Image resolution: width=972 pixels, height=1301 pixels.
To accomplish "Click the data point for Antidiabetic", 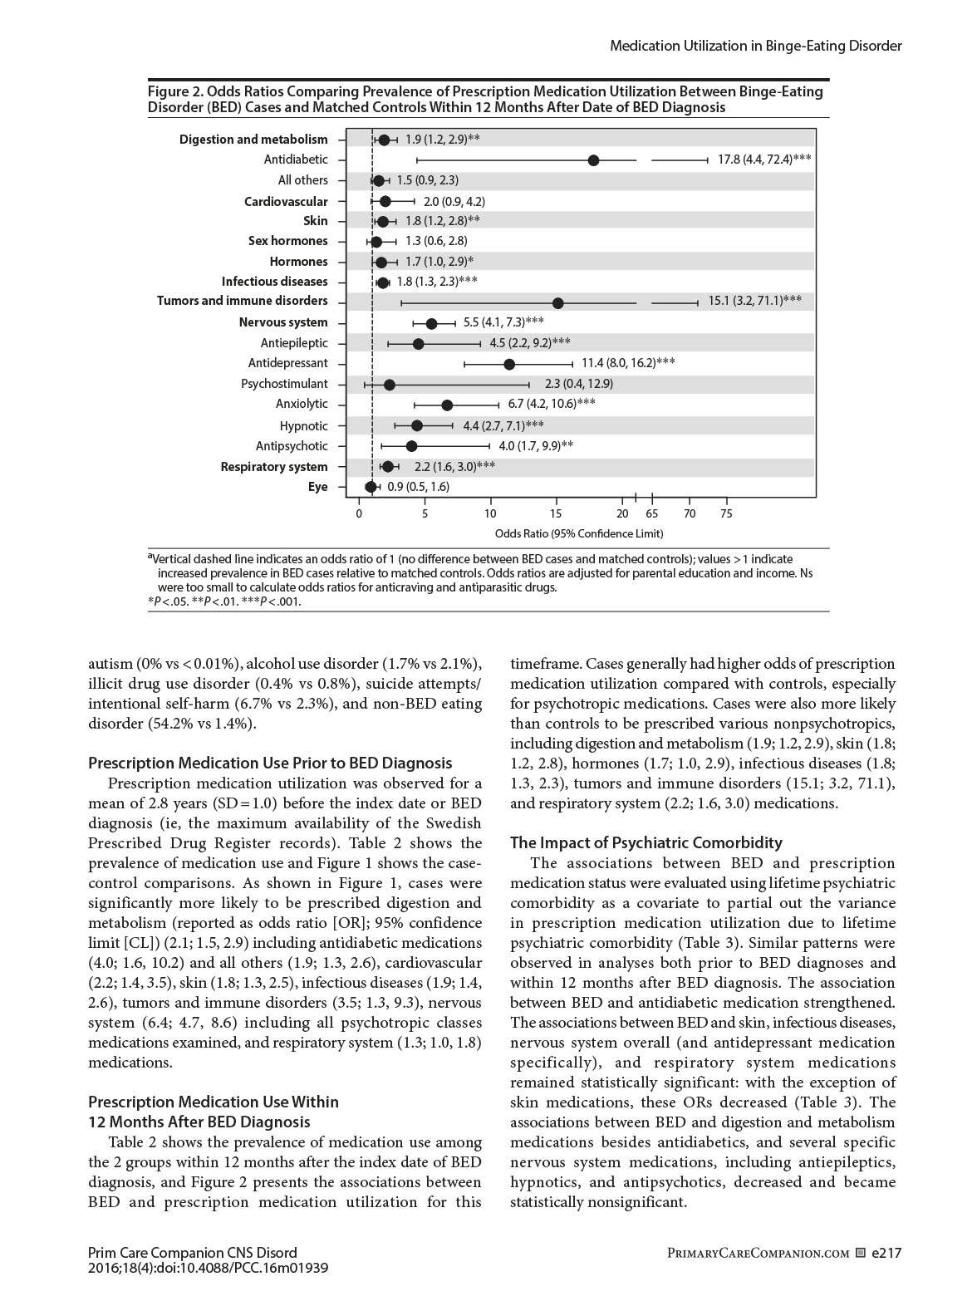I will pyautogui.click(x=593, y=160).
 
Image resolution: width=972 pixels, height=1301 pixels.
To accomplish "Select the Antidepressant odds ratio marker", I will pyautogui.click(x=509, y=364).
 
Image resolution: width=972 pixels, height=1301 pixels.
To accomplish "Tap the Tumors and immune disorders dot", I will pyautogui.click(x=558, y=303).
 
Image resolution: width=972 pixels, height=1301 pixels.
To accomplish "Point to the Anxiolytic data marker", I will pyautogui.click(x=447, y=405).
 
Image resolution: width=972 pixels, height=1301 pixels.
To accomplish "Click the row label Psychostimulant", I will pyautogui.click(x=284, y=384).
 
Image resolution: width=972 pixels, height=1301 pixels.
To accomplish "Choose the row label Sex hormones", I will pyautogui.click(x=287, y=241).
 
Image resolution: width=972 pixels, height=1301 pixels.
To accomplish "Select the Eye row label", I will pyautogui.click(x=317, y=487).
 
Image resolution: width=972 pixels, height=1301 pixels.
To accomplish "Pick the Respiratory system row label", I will pyautogui.click(x=273, y=467).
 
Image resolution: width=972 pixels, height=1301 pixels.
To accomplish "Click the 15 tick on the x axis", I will pyautogui.click(x=557, y=513).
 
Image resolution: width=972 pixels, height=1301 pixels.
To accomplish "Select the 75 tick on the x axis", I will pyautogui.click(x=726, y=513).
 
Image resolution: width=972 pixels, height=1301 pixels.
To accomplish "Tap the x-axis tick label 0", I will pyautogui.click(x=359, y=513).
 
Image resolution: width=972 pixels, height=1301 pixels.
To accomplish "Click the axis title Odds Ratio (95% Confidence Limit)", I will pyautogui.click(x=578, y=533).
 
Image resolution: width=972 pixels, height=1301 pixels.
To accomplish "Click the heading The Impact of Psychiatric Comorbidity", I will pyautogui.click(x=646, y=843).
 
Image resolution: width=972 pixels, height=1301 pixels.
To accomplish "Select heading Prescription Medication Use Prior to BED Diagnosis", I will pyautogui.click(x=270, y=763).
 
